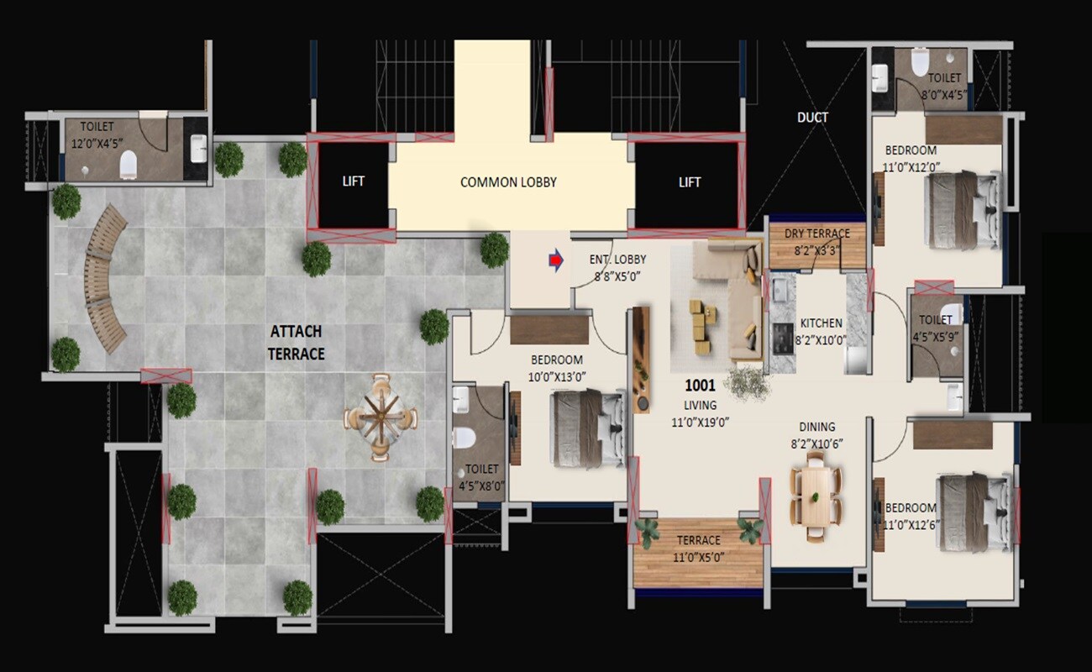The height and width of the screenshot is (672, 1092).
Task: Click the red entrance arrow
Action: (555, 261)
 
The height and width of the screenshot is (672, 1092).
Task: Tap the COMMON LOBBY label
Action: (508, 182)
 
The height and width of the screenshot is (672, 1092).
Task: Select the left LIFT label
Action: (354, 181)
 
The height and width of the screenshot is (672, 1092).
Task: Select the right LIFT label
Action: (690, 182)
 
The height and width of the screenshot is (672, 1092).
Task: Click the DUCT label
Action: (812, 118)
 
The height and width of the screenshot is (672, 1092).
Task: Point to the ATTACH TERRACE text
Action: (296, 343)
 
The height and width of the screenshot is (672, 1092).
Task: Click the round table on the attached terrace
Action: (380, 417)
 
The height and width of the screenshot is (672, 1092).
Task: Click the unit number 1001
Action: (700, 386)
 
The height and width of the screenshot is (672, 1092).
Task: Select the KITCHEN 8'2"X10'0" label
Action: (821, 332)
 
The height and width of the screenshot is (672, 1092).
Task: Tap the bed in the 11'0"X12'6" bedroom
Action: (973, 512)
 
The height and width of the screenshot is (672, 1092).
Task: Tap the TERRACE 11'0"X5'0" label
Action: (698, 548)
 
